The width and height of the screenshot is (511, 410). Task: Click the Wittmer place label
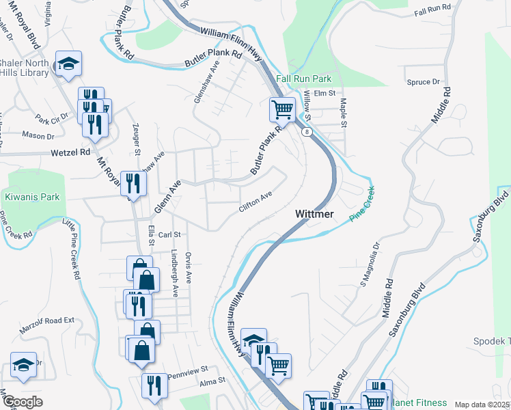point(314,214)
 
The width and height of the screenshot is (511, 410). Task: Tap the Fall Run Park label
point(303,79)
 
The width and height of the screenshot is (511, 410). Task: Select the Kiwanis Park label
point(32,197)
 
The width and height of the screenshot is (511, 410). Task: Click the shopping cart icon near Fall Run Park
point(281,108)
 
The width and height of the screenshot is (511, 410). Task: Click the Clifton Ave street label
point(255,202)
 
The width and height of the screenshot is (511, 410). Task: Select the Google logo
point(24,401)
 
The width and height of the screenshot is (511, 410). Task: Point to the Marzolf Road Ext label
point(51,319)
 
